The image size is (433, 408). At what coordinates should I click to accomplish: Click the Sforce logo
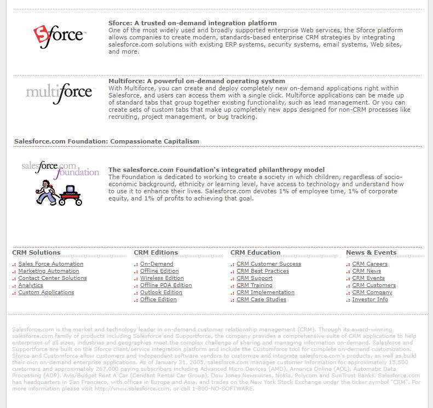(x=59, y=36)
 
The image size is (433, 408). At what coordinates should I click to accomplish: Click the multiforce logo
(x=59, y=91)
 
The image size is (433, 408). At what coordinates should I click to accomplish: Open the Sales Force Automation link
(x=50, y=264)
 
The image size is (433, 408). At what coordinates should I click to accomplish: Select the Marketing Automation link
(x=49, y=271)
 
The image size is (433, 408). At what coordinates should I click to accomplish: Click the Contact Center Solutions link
(x=53, y=278)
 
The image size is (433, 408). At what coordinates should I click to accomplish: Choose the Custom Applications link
(x=46, y=292)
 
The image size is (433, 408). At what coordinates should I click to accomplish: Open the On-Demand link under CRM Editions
(x=157, y=264)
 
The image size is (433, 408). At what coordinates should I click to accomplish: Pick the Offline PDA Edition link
(x=166, y=285)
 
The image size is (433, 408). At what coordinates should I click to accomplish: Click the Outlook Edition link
(x=161, y=292)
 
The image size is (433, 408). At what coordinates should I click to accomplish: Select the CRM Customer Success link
(x=269, y=264)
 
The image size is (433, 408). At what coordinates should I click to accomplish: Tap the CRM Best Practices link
(x=263, y=271)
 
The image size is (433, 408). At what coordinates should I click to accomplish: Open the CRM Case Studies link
(x=261, y=300)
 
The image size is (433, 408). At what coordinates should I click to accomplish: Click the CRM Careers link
(x=370, y=264)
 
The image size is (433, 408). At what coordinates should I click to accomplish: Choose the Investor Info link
(x=370, y=300)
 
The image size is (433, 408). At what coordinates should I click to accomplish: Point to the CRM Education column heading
(x=255, y=252)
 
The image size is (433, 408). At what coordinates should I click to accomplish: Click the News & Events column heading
(x=371, y=252)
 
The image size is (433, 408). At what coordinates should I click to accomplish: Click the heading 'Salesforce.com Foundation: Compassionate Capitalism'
(x=107, y=141)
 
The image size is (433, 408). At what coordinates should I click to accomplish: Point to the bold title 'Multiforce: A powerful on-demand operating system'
(x=197, y=81)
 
